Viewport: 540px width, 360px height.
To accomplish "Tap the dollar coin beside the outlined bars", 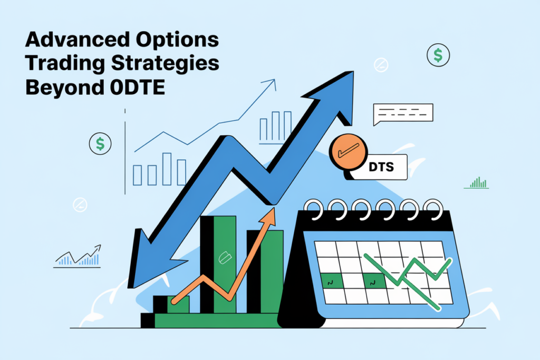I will (100, 143).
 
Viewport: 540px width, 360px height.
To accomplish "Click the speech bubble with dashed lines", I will (402, 113).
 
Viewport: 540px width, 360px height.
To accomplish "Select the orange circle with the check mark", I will (348, 152).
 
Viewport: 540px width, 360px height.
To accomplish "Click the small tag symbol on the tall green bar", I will (224, 258).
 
